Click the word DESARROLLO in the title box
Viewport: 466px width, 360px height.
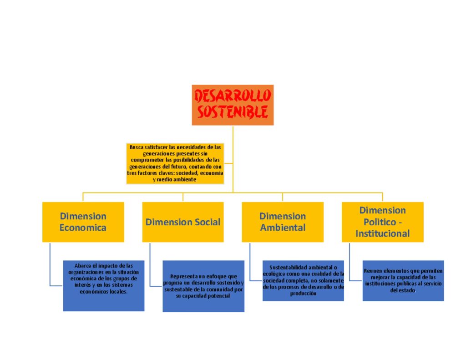(233, 96)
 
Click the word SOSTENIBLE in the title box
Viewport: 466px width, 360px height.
(233, 112)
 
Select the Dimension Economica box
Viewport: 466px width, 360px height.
(83, 222)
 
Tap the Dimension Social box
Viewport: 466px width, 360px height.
(182, 222)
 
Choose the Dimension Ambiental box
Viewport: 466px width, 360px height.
(282, 222)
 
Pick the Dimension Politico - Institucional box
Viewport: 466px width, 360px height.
(382, 222)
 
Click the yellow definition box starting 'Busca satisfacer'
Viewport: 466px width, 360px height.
(175, 163)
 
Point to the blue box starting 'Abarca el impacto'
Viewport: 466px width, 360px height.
(103, 285)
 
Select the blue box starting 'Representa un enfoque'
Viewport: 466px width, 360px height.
(203, 286)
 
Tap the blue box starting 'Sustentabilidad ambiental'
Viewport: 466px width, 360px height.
(303, 280)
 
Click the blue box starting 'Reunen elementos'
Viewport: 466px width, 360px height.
(403, 280)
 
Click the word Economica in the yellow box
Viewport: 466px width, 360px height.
(83, 228)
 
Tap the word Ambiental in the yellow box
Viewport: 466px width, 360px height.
(283, 228)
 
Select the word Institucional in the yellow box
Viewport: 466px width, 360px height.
(382, 234)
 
